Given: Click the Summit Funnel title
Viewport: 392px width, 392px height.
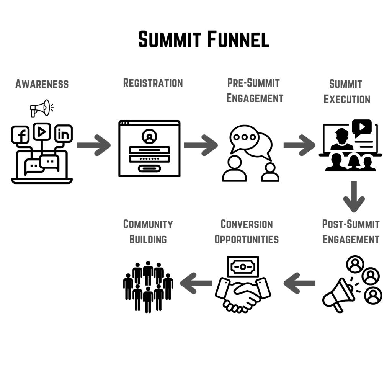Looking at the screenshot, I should (x=204, y=40).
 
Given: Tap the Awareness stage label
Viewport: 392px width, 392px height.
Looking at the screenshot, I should (x=42, y=84).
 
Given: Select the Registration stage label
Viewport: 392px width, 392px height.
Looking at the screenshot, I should (x=153, y=83).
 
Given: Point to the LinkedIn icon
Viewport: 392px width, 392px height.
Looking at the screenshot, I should (x=63, y=134).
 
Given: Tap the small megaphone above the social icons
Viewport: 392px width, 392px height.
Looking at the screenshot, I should (x=41, y=108).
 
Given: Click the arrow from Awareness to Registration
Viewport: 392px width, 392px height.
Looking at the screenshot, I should (x=94, y=145).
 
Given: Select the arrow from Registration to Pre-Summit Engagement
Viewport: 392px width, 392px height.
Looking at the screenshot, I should (x=201, y=145).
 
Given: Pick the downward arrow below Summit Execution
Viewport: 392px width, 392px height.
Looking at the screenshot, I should (x=353, y=196).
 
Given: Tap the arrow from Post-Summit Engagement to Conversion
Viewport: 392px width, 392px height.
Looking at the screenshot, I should (x=300, y=283).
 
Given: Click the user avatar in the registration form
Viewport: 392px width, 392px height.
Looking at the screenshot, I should (x=149, y=136).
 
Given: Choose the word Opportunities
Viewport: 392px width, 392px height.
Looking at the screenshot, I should (x=247, y=240).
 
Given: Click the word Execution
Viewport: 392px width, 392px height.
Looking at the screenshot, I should (x=347, y=99).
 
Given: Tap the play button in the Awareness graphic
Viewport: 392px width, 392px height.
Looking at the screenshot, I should (x=42, y=132).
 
